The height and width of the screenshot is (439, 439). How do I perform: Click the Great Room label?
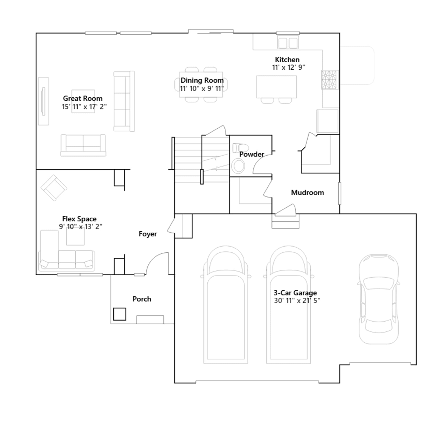(83, 98)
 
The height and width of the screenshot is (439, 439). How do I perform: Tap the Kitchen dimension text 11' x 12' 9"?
(288, 67)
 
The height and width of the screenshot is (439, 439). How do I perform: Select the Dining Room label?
(202, 80)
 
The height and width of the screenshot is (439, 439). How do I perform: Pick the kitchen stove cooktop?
(330, 80)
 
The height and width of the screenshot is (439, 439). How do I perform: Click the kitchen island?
(277, 87)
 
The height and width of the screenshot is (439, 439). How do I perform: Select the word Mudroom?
(307, 192)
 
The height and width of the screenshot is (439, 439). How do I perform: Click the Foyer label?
(148, 234)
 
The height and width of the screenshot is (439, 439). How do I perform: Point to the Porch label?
(142, 299)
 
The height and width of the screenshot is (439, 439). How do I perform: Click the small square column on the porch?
(120, 314)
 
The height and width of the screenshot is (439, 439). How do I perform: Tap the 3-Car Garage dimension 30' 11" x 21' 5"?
(297, 301)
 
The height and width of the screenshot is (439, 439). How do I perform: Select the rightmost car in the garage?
(379, 299)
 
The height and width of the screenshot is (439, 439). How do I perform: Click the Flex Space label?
(79, 219)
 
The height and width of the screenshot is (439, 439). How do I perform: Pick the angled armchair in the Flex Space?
(54, 188)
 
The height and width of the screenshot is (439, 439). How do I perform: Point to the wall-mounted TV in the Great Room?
(43, 101)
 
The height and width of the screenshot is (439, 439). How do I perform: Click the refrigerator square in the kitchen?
(327, 121)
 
